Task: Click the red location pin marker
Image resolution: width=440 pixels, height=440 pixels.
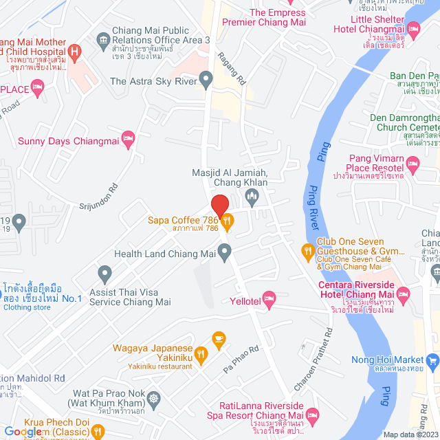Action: coord(219,206)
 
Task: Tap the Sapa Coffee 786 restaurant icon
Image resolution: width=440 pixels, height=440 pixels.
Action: coord(228,221)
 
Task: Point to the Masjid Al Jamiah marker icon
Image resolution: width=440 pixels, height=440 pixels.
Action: coord(252,197)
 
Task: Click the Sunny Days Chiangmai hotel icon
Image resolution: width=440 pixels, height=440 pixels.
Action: coord(127,139)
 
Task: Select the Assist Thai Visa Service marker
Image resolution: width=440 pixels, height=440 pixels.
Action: coord(104,275)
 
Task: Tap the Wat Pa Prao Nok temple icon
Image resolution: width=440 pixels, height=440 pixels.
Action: coord(154,398)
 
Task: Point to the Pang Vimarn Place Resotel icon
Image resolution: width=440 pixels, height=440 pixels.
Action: coord(412,163)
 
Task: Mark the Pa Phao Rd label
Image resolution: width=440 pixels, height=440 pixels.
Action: coord(241,359)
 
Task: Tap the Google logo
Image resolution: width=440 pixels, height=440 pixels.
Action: coord(23,431)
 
